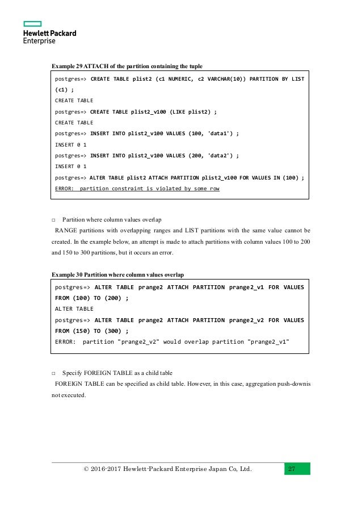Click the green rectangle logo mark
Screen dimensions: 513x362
point(32,24)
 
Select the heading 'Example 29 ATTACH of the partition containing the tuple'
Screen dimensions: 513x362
point(127,65)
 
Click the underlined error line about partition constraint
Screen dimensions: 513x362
point(137,188)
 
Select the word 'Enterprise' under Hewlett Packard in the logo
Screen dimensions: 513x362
point(39,41)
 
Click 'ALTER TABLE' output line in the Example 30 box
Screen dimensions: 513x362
point(74,308)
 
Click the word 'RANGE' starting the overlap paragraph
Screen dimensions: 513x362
point(66,231)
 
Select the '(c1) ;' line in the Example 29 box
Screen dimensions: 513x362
point(64,90)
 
